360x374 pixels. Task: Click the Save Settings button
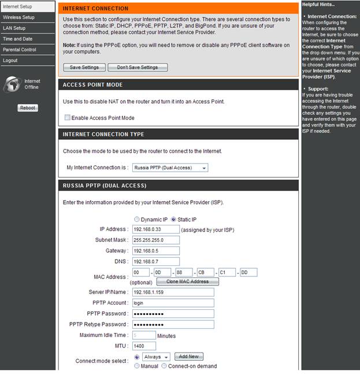(84, 67)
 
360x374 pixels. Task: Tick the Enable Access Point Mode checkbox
(68, 118)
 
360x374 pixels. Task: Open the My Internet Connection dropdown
(170, 168)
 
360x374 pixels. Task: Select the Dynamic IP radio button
(137, 220)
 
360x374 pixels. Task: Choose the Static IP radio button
(173, 220)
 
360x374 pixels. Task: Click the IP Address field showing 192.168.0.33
(155, 229)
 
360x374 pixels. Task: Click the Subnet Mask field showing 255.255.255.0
(155, 240)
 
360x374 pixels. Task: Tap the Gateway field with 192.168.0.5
(155, 251)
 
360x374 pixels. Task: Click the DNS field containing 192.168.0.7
(155, 261)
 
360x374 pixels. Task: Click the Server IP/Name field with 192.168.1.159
(173, 292)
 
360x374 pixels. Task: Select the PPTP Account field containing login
(173, 303)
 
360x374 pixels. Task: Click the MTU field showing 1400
(144, 346)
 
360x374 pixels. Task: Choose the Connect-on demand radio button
(165, 366)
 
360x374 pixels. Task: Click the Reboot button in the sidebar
(28, 108)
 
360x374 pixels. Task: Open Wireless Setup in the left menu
(19, 17)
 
